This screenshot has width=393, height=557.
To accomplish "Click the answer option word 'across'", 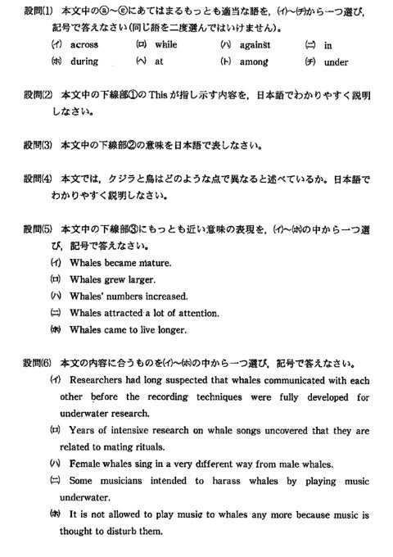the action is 84,44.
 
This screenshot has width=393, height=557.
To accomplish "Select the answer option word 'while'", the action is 166,44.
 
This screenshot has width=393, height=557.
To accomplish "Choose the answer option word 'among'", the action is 253,61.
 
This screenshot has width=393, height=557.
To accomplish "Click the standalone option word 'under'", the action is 336,61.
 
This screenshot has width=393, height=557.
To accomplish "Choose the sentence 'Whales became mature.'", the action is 115,264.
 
